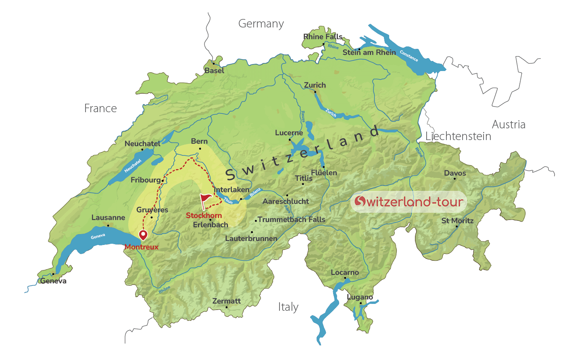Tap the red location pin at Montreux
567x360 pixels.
[x=143, y=234]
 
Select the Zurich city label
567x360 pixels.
[x=315, y=85]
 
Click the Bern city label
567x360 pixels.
[x=199, y=141]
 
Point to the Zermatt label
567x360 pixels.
[x=226, y=301]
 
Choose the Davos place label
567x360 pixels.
[x=455, y=173]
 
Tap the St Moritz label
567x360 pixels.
[x=457, y=221]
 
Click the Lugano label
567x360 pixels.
[x=360, y=297]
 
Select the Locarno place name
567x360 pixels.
[x=345, y=272]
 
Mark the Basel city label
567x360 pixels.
[x=214, y=71]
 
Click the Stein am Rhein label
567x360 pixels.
[x=369, y=52]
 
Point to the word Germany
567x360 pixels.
[x=261, y=24]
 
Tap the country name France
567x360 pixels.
[x=100, y=109]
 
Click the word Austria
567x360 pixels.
[x=509, y=125]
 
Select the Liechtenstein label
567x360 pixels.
[x=458, y=136]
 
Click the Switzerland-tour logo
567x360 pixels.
[x=409, y=201]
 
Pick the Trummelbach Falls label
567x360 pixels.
[x=291, y=220]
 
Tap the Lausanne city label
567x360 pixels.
[x=108, y=218]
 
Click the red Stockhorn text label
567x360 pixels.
[x=204, y=216]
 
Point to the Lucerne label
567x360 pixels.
[x=289, y=133]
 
